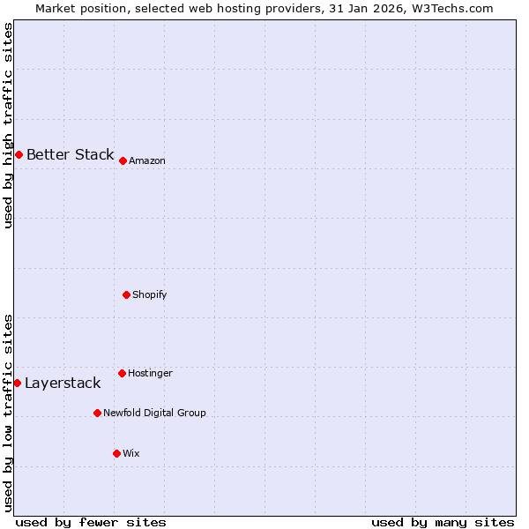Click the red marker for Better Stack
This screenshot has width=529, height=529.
(x=19, y=154)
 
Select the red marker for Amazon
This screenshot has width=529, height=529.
(x=123, y=160)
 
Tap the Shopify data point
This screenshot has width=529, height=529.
(x=126, y=294)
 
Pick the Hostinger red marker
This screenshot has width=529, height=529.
(x=122, y=373)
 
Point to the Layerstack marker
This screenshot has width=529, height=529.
(x=18, y=383)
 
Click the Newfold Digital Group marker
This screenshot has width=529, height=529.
(x=97, y=413)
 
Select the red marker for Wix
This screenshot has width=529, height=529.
(x=116, y=453)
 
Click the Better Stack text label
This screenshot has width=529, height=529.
(x=70, y=155)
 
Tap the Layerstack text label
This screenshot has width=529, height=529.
(x=63, y=384)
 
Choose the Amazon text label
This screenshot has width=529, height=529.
(x=147, y=161)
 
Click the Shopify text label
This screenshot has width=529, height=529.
(x=150, y=295)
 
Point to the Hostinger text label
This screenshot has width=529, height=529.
(x=150, y=374)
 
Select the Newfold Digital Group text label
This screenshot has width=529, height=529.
(x=154, y=414)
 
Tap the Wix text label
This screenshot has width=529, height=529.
(x=131, y=454)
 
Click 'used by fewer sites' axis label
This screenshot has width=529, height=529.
(x=91, y=522)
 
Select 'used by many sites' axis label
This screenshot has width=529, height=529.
(x=443, y=522)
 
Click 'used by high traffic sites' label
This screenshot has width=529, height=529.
(x=8, y=125)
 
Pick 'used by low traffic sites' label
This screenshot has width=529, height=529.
(x=8, y=413)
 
